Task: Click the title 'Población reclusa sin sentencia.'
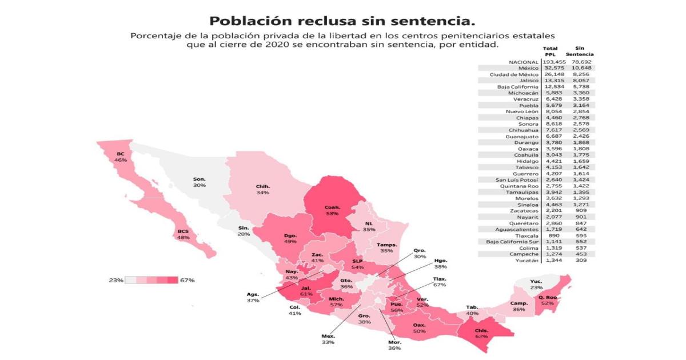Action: click(342, 21)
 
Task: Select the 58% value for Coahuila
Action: click(332, 213)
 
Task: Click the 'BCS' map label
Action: click(183, 231)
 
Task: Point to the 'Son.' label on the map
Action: click(199, 179)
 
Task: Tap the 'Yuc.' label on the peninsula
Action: click(536, 281)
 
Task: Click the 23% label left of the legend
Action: click(116, 280)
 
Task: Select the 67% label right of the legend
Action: click(187, 280)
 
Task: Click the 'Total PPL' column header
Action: click(550, 51)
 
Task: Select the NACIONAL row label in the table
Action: click(523, 61)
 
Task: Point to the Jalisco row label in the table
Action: click(527, 81)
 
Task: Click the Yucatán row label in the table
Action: click(526, 261)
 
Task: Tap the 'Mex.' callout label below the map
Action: click(328, 335)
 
